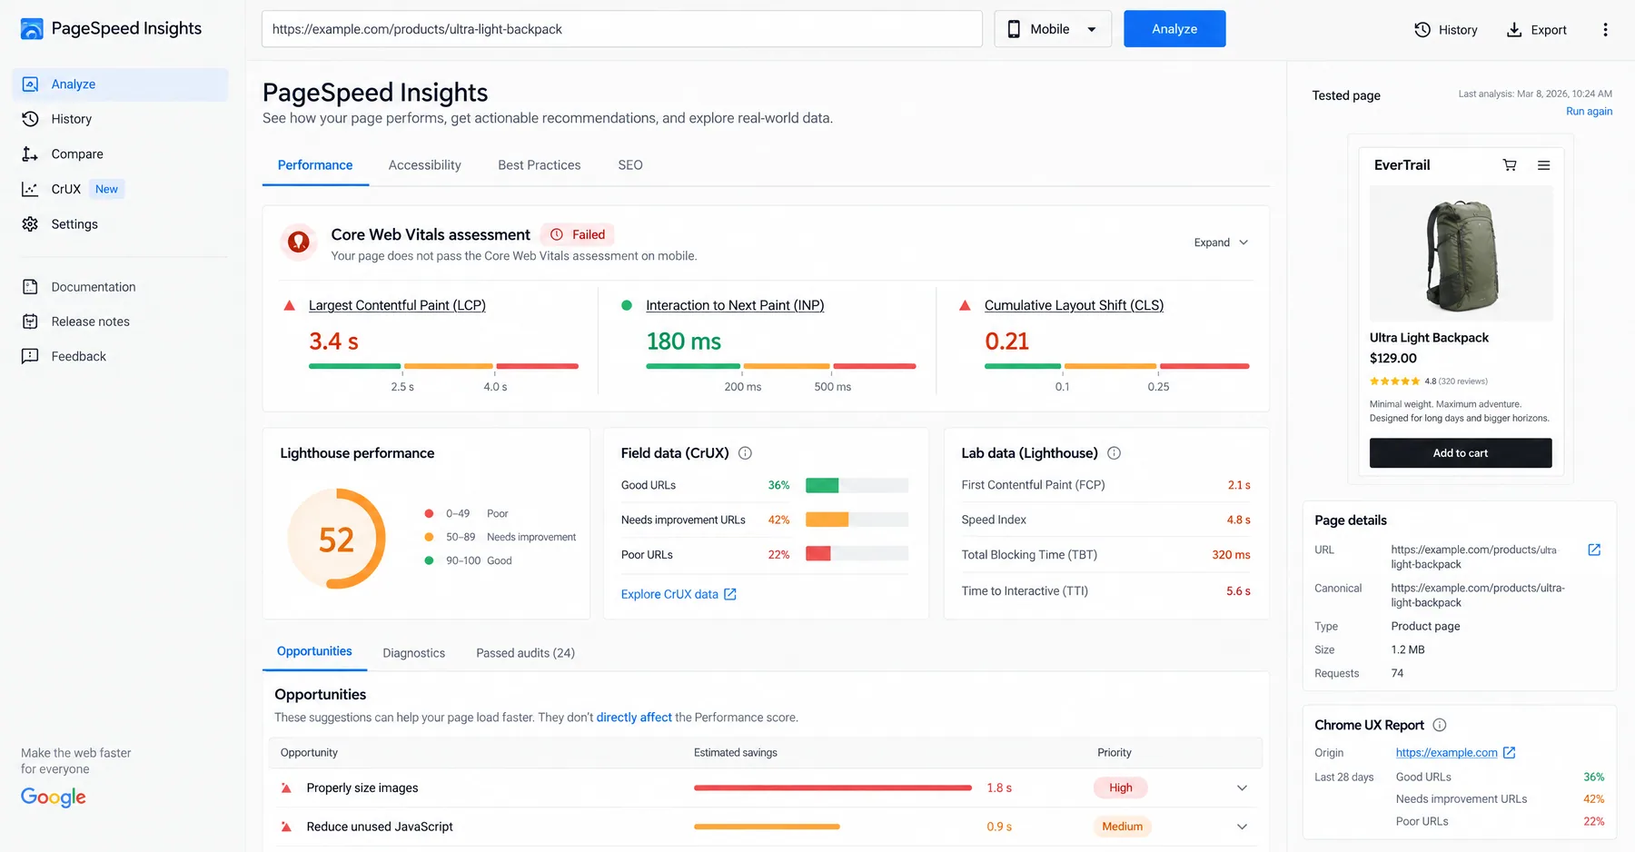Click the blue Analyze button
pos(1174,29)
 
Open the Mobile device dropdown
pos(1053,29)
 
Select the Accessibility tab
pos(424,165)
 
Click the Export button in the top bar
pos(1537,30)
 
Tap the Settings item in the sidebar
pos(74,224)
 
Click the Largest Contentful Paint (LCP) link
pos(397,305)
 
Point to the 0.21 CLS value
pos(1007,342)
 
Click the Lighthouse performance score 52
pos(336,540)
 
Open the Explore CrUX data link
pos(679,594)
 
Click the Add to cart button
pos(1461,453)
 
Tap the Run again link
pos(1589,112)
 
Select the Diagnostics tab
pos(414,653)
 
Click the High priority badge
pos(1121,788)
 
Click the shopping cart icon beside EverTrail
pos(1510,165)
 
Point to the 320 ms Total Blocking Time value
pos(1231,555)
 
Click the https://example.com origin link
pos(1447,753)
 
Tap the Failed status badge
pos(578,234)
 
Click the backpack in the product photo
pos(1461,256)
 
